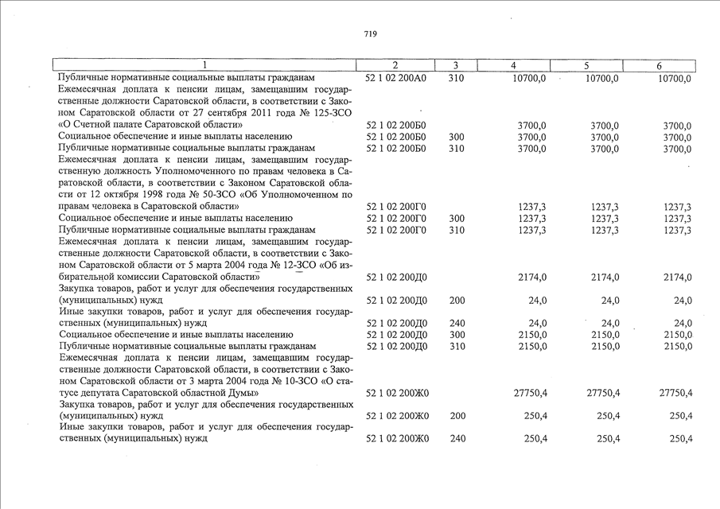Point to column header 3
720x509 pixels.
click(455, 65)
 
